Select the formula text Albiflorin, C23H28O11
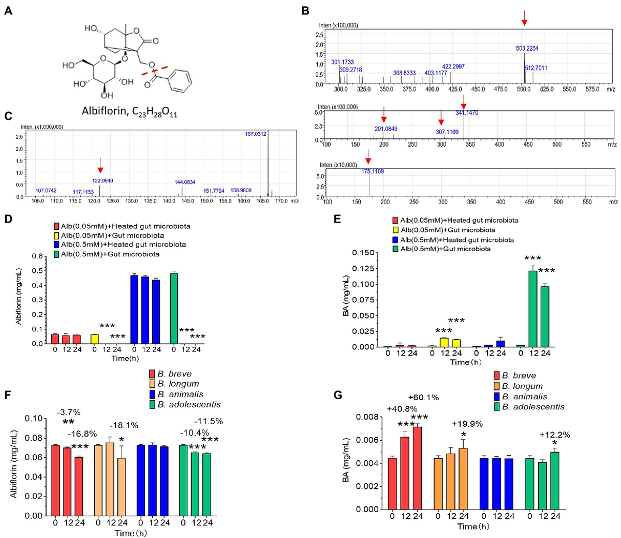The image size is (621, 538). [x=129, y=112]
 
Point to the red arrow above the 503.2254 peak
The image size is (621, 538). [x=524, y=20]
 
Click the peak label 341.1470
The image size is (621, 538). [x=467, y=113]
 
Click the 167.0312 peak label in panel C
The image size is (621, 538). [x=256, y=134]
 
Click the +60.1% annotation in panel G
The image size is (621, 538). [x=423, y=398]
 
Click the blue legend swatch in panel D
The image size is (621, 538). [x=57, y=244]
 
